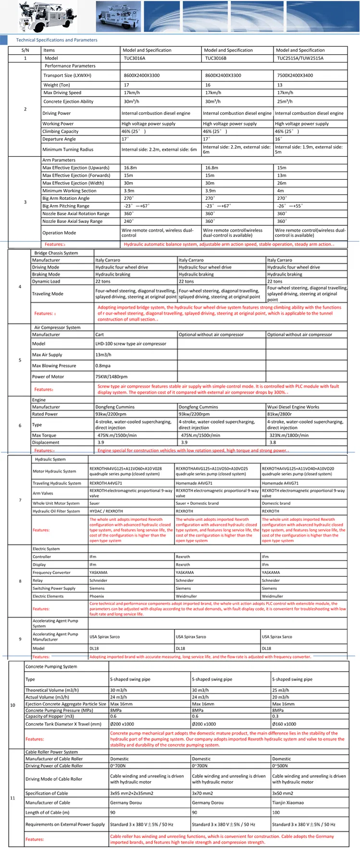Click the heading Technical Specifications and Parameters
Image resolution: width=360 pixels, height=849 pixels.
57,40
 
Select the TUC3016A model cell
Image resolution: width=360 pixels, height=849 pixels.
134,58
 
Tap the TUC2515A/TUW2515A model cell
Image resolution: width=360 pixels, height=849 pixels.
300,58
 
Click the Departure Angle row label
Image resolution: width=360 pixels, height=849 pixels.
59,139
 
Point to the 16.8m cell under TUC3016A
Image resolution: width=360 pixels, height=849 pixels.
130,168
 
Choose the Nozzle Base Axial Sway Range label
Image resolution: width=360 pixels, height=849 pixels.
72,221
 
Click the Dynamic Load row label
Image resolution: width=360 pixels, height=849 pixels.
46,282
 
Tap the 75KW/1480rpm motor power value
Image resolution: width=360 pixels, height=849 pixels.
109,377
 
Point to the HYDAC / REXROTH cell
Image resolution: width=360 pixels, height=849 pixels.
106,511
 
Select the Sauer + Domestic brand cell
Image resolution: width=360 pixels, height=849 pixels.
197,504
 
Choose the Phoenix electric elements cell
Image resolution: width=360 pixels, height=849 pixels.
97,596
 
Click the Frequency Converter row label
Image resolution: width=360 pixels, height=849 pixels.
51,573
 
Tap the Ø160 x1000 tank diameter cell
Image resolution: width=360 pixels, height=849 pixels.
284,724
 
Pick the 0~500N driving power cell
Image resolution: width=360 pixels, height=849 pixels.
280,766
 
